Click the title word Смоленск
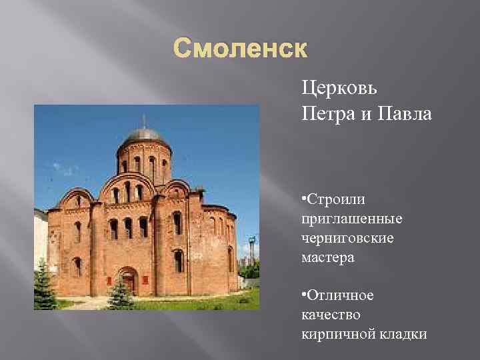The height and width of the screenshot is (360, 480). click(241, 50)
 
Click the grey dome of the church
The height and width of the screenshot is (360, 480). click(143, 136)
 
